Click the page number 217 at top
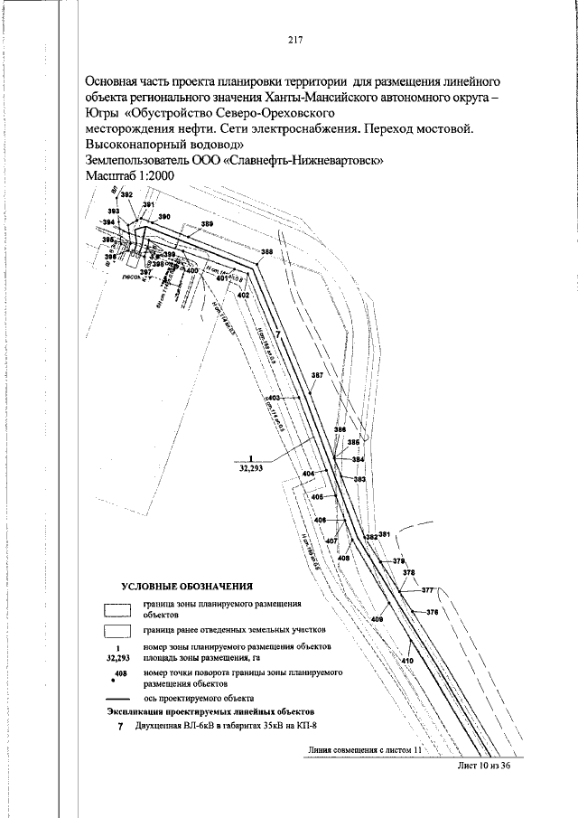point(294,39)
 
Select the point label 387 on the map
point(316,374)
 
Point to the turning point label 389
point(207,224)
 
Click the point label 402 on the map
point(243,296)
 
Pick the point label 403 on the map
point(275,398)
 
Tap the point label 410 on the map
point(406,662)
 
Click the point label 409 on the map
point(377,618)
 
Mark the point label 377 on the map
point(427,589)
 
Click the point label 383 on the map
point(359,479)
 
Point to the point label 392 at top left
point(126,194)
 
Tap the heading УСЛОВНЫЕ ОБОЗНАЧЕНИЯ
point(187,586)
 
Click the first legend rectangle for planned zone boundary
point(117,607)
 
